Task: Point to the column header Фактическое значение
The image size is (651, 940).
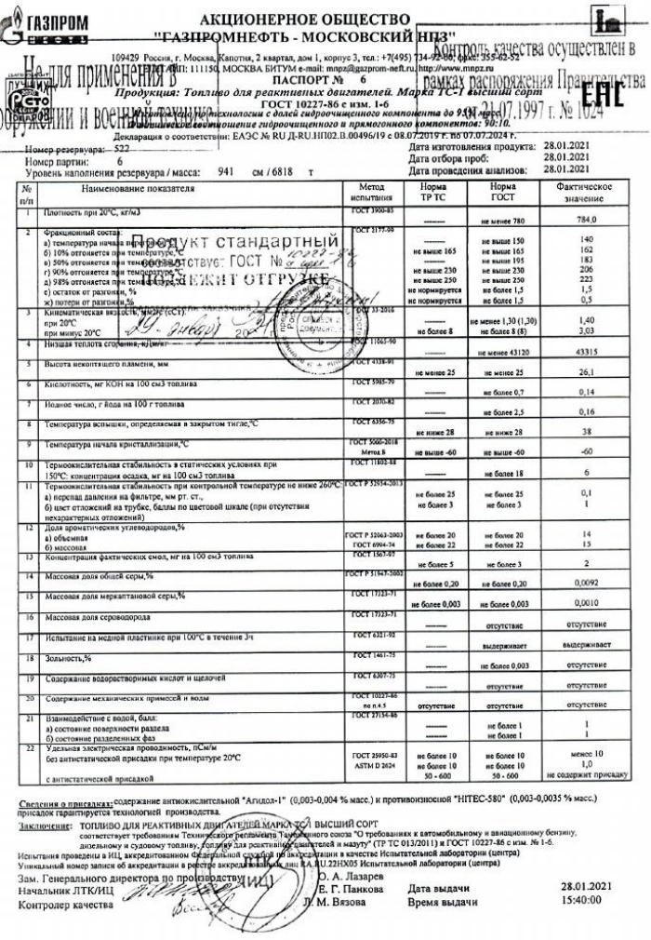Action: click(x=587, y=194)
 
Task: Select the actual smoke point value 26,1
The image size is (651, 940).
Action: click(x=587, y=372)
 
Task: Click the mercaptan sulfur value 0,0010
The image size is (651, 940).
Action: click(x=587, y=603)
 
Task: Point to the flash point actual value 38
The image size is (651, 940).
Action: click(x=587, y=433)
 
